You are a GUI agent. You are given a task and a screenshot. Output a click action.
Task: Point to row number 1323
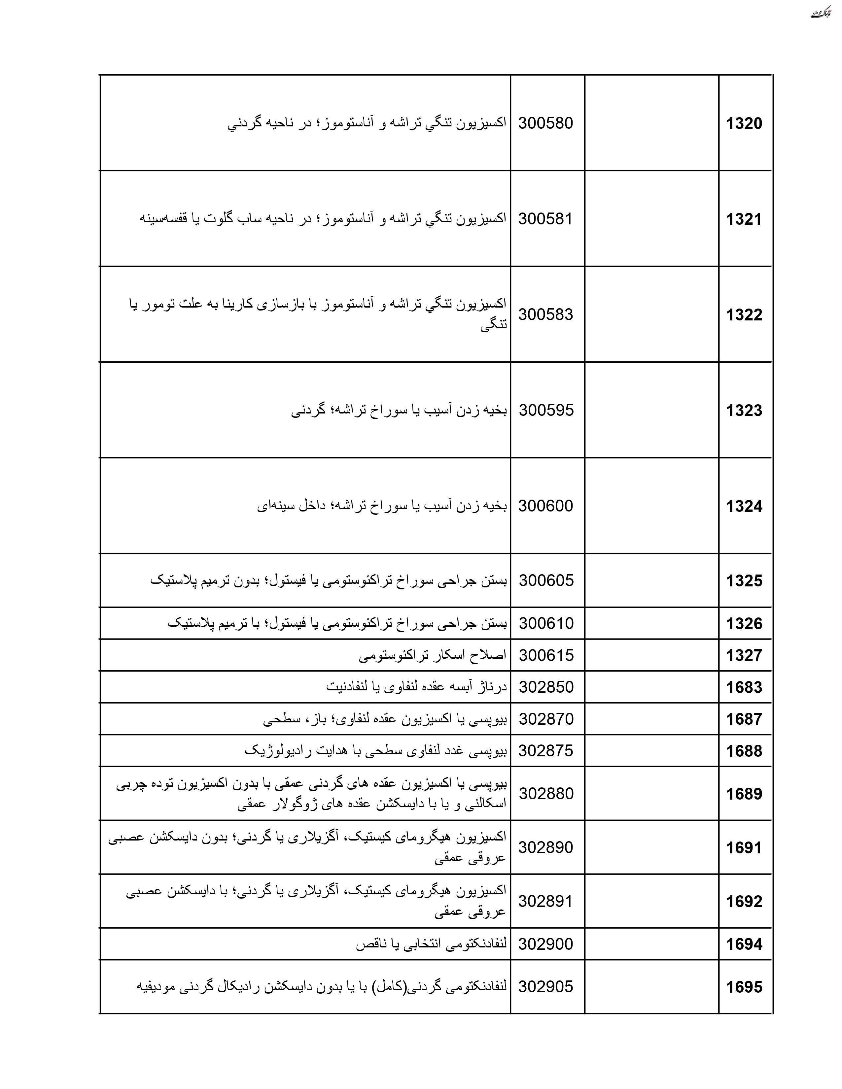coord(744,411)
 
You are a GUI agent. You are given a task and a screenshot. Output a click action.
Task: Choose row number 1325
coord(744,580)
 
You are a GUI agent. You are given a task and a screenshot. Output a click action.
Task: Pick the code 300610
coord(546,623)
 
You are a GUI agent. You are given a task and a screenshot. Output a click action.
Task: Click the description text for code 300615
coord(433,655)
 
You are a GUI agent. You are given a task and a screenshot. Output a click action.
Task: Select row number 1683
coord(744,687)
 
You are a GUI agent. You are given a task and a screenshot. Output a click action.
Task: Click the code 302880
coord(546,794)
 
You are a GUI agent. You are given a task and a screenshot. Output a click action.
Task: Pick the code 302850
coord(546,687)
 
